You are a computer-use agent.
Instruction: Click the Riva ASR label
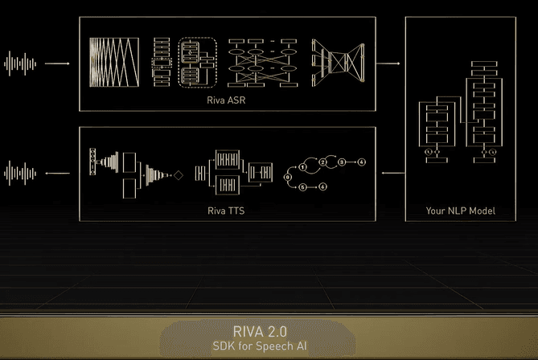click(x=227, y=100)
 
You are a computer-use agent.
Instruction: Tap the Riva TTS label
click(x=227, y=211)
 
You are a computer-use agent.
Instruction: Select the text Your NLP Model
click(x=460, y=211)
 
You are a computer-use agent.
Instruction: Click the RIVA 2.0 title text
click(x=259, y=330)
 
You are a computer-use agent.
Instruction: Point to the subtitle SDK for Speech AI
click(x=259, y=346)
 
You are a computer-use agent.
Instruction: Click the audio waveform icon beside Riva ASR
click(x=21, y=62)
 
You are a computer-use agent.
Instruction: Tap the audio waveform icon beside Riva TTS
click(x=21, y=172)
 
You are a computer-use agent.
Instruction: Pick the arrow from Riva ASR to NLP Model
click(x=388, y=62)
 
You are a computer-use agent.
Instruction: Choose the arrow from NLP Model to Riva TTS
click(x=388, y=172)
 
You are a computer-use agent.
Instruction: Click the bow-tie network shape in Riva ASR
click(x=339, y=62)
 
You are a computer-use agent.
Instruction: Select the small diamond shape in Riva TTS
click(x=179, y=174)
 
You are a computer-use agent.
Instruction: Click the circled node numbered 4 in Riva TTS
click(x=361, y=162)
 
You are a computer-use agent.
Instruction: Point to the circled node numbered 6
click(x=322, y=186)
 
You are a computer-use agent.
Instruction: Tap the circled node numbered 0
click(x=287, y=174)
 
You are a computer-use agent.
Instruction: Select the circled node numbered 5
click(x=302, y=186)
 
